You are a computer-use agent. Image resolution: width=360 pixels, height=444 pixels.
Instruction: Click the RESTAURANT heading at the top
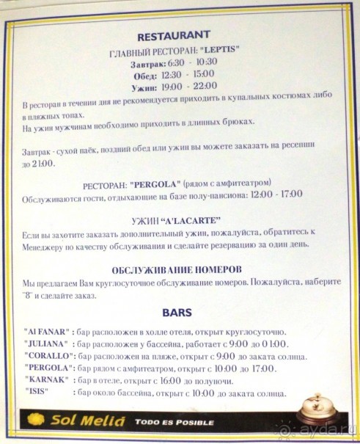click(174, 34)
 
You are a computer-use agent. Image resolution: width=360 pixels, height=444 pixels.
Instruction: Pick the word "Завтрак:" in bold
click(146, 63)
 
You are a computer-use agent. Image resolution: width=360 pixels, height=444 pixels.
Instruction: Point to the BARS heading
click(177, 312)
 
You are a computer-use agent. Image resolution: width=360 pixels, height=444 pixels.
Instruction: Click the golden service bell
click(317, 407)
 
